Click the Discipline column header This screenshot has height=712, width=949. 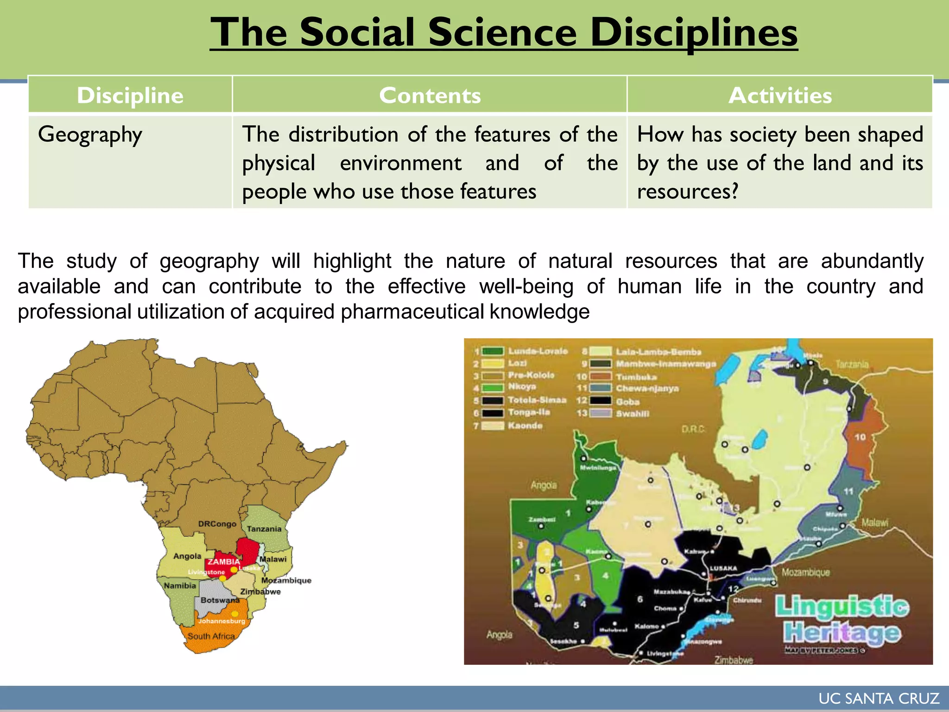(130, 95)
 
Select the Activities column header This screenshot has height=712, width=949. (780, 95)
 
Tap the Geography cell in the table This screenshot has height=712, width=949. (90, 135)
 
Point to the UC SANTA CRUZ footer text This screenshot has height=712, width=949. (879, 699)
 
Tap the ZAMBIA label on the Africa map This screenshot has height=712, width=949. (223, 562)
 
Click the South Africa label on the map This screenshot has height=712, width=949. (211, 636)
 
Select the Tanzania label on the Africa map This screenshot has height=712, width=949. (264, 529)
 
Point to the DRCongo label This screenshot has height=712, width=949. (217, 524)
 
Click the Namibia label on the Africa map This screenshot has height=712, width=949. (180, 586)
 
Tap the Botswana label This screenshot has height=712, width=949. (220, 600)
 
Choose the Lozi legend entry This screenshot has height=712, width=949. (517, 363)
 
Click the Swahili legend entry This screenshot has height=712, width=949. (633, 413)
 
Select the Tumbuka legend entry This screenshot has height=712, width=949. (636, 377)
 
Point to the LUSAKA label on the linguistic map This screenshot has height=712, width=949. (723, 568)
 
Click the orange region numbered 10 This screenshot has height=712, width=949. (860, 437)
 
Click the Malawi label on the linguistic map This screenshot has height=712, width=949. (875, 522)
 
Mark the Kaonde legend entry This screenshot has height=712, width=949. (525, 426)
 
